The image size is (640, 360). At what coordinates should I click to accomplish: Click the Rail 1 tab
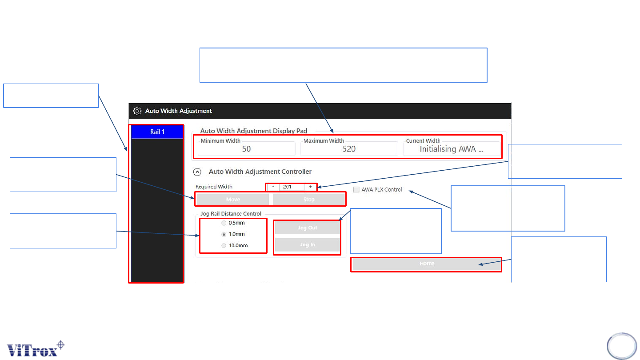(157, 132)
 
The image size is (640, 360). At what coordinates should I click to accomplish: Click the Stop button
(309, 200)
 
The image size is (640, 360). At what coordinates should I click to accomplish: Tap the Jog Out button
(307, 228)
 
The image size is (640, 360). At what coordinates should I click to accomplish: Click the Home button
(427, 264)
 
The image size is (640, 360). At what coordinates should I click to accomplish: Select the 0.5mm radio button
(224, 223)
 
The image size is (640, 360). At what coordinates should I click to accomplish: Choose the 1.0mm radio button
(224, 234)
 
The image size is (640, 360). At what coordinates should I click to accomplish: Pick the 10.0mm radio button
(224, 245)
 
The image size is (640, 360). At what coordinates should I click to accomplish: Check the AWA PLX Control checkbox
(356, 190)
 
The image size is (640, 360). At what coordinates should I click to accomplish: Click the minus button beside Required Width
(273, 187)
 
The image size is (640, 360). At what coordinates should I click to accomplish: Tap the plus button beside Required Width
(311, 187)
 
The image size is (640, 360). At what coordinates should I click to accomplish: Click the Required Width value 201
(288, 187)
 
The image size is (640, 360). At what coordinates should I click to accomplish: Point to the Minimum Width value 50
(246, 149)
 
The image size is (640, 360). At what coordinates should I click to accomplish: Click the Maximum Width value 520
(349, 149)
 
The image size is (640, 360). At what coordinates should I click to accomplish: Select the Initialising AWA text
(451, 149)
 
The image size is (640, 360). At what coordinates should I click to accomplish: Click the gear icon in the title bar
(137, 111)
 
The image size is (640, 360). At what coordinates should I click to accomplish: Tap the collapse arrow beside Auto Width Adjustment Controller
(197, 172)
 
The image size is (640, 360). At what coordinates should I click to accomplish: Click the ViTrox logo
(36, 349)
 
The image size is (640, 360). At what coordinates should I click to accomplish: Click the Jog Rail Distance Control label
(231, 214)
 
